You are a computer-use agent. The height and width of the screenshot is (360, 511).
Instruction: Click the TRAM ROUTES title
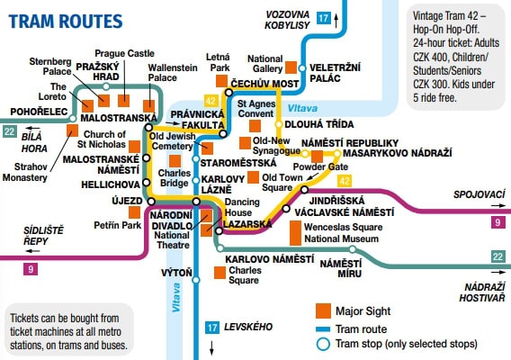point(66,22)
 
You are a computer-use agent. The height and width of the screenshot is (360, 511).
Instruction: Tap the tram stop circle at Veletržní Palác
point(302,68)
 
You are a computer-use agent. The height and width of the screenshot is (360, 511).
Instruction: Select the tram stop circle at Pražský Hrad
point(105,86)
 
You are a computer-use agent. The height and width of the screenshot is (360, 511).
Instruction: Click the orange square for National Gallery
point(291,67)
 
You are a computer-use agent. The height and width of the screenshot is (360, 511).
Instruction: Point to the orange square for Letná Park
point(221,81)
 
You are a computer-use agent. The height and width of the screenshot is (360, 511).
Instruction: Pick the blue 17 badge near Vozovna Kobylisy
point(324,18)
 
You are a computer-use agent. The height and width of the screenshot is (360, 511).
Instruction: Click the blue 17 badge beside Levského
point(212,328)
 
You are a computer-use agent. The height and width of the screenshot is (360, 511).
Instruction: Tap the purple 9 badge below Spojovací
point(498,222)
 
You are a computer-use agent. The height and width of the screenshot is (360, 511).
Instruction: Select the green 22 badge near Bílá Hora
point(9,131)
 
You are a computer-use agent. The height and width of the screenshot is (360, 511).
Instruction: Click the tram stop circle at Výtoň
point(196,280)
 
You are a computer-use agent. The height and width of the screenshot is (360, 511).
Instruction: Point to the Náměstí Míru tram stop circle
point(353,249)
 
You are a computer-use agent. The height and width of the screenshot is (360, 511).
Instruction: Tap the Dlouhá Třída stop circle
point(279,124)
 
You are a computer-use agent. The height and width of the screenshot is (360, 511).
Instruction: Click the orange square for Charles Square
point(220,273)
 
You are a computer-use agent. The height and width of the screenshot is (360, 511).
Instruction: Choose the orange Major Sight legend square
point(323,310)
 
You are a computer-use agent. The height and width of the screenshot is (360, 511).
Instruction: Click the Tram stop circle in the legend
point(323,344)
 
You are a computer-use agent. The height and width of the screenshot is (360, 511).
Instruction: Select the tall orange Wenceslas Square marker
point(296,233)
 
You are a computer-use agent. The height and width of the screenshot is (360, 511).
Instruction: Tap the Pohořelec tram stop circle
point(73,119)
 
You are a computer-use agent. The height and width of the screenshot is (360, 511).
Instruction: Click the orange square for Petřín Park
point(135,212)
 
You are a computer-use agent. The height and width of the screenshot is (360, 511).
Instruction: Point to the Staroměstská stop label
point(238,163)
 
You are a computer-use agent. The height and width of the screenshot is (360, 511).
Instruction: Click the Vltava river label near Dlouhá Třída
point(302,108)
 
